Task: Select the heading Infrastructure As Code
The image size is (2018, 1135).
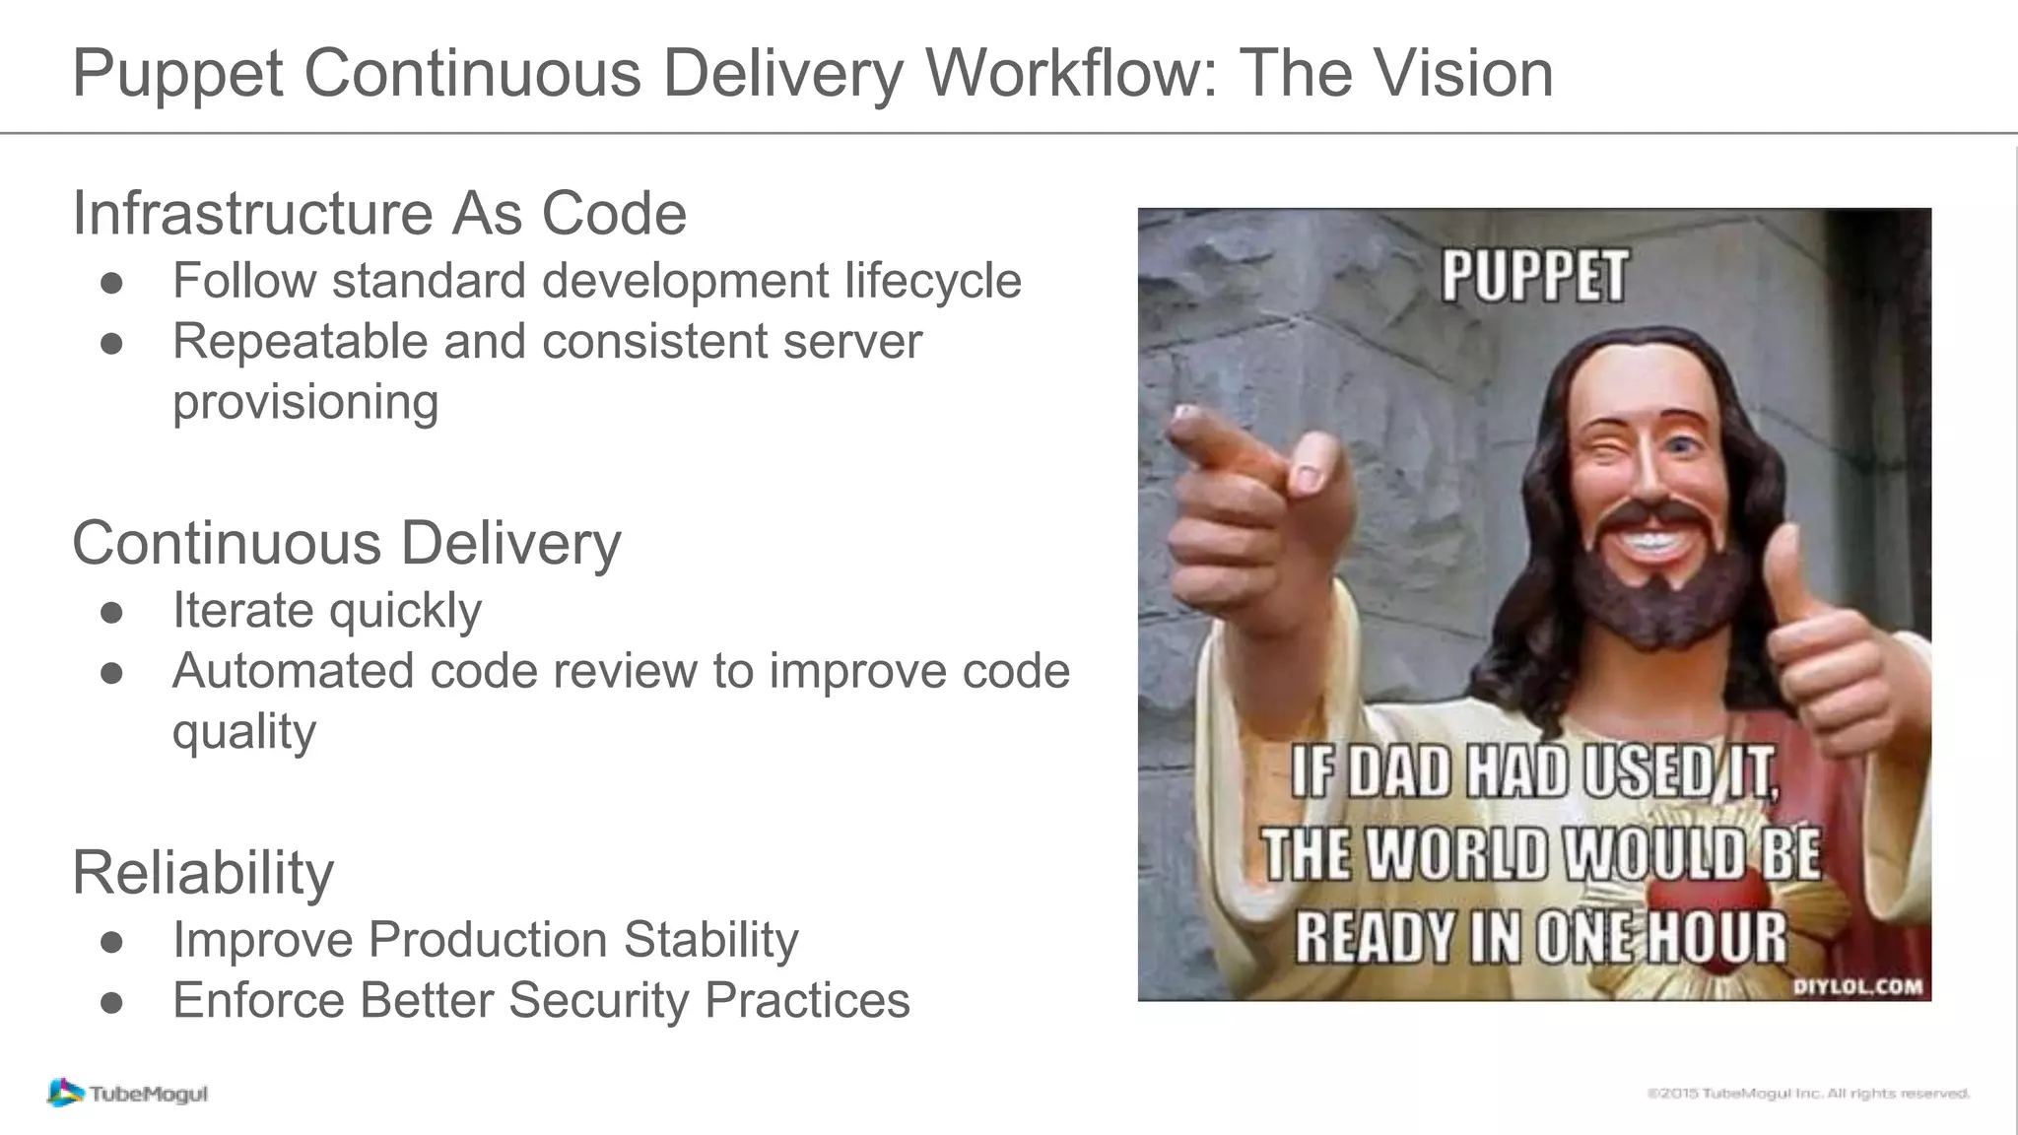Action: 379,213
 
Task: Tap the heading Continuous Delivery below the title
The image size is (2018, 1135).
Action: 347,543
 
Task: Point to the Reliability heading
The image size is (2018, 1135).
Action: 203,873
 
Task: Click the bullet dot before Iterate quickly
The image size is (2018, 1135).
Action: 111,612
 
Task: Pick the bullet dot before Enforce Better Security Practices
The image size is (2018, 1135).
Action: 111,1002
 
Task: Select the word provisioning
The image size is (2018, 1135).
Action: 305,402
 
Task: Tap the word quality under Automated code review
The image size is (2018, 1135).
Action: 244,732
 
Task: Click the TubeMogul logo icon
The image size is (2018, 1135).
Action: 65,1092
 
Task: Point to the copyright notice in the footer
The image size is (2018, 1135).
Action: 1807,1094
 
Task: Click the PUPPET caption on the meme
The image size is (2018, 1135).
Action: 1534,276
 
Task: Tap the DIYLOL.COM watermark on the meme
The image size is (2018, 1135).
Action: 1856,987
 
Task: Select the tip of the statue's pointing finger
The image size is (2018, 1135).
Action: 1182,422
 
